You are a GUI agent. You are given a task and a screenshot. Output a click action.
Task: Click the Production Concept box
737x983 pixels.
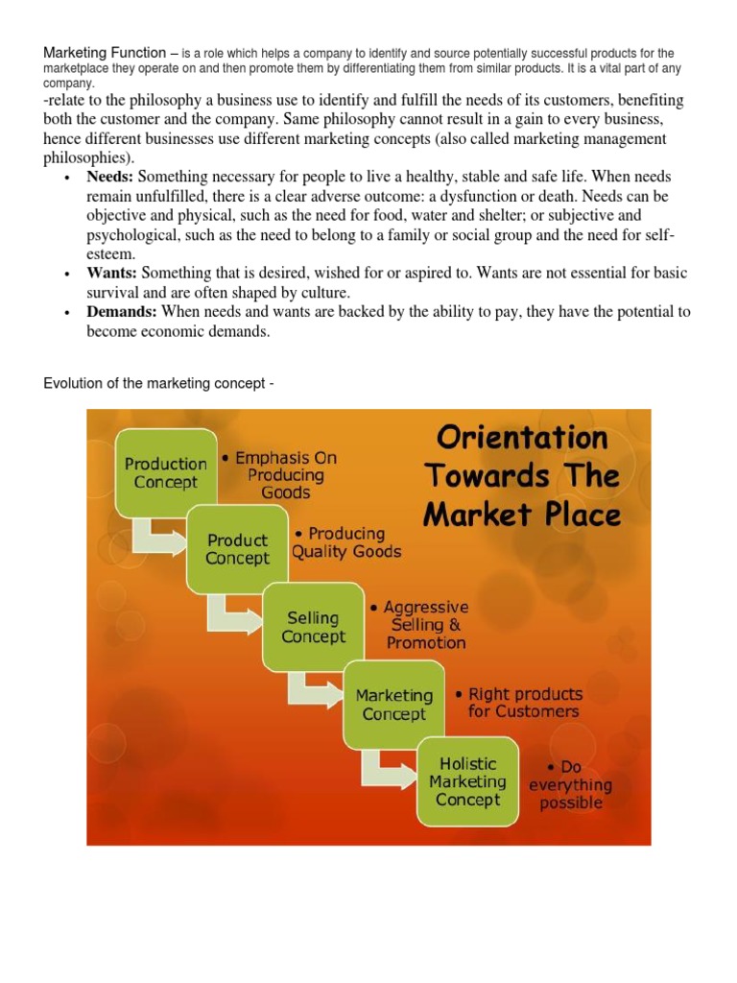pos(165,472)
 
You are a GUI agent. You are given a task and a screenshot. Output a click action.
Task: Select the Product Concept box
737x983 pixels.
pos(237,548)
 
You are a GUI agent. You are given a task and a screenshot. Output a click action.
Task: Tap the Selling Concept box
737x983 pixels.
pos(313,627)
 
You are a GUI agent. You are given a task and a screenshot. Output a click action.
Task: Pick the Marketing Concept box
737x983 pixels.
pos(394,705)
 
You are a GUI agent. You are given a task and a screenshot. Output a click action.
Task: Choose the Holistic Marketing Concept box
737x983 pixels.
pos(467,780)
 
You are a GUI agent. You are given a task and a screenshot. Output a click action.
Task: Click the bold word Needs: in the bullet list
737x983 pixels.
pos(111,177)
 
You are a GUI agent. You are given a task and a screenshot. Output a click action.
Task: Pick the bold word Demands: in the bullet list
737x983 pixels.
pos(123,312)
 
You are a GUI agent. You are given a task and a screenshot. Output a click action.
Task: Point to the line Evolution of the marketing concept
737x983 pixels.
pos(159,384)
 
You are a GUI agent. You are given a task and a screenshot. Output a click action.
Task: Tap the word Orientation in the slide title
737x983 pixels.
pos(522,439)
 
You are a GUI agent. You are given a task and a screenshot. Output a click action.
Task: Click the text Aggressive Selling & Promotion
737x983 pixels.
pos(422,625)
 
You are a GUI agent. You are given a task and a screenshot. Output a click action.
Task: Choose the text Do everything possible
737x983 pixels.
pos(571,785)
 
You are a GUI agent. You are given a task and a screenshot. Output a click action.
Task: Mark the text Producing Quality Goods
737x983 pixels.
pos(345,542)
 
